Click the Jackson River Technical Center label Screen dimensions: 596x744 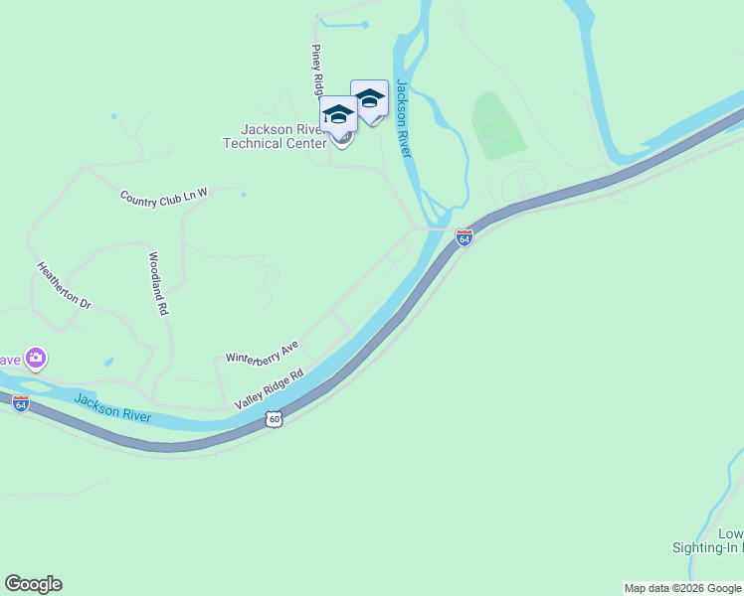tap(275, 136)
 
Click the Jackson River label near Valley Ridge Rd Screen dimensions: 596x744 tap(112, 408)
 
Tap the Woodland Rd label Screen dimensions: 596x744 tap(156, 283)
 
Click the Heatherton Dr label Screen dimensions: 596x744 tap(64, 285)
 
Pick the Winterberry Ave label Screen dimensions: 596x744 tap(262, 350)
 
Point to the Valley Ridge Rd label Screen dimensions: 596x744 tap(269, 390)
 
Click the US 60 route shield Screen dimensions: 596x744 tap(275, 420)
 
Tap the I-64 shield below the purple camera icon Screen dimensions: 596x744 tap(21, 403)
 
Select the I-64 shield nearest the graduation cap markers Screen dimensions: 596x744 tap(464, 237)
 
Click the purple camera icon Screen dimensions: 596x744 tap(36, 358)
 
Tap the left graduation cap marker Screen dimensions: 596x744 tap(338, 115)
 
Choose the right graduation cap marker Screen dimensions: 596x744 tap(369, 99)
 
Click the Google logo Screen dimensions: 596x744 tap(33, 584)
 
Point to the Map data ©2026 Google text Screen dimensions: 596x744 tap(682, 588)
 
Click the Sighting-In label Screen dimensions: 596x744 tap(706, 547)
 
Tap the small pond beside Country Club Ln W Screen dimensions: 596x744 tap(243, 195)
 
